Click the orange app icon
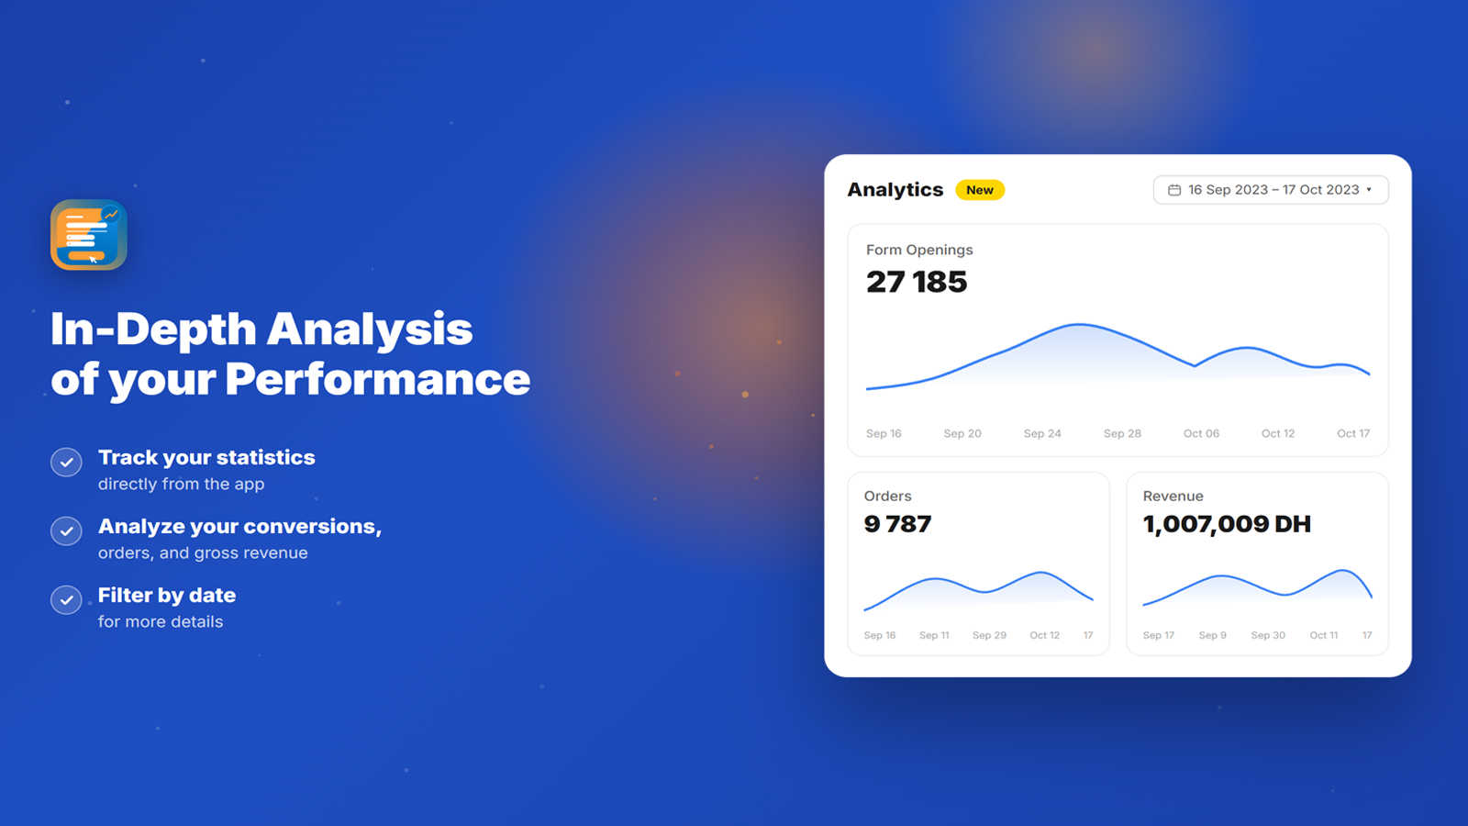(88, 235)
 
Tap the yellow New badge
(980, 190)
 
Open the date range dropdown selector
(1271, 190)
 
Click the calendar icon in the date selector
(1174, 190)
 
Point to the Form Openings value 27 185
(917, 282)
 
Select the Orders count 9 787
(897, 524)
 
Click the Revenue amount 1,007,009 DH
(1227, 524)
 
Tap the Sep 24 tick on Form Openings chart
(1042, 433)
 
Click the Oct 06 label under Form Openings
(1201, 433)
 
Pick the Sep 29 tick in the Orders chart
(989, 635)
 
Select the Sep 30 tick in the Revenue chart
(1268, 635)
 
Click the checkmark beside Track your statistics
(66, 463)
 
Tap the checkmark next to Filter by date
(66, 600)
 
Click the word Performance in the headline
(377, 379)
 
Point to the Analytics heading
(895, 190)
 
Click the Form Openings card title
(919, 250)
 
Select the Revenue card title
(1173, 497)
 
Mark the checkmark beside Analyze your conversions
(66, 531)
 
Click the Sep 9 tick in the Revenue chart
(1212, 635)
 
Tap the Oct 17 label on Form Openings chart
(1353, 433)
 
